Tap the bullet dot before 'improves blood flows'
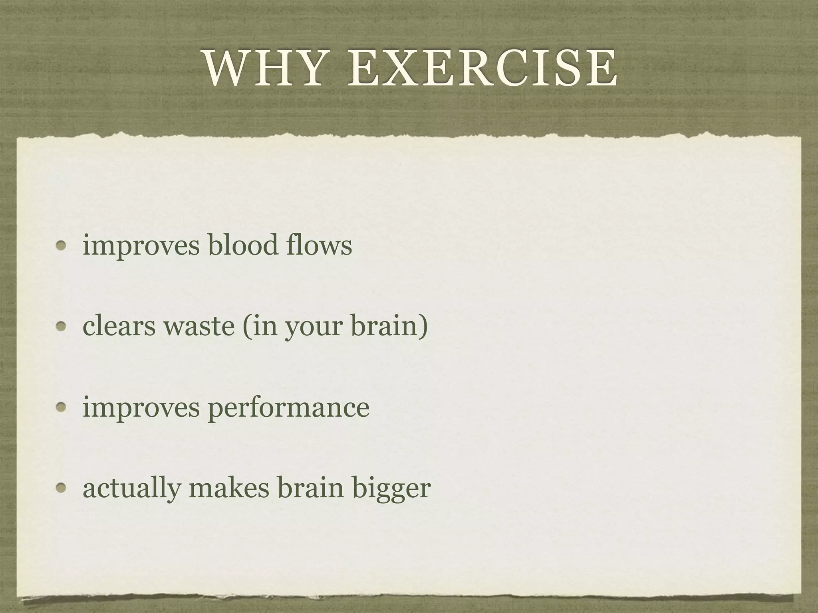click(61, 245)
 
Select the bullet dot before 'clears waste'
click(61, 326)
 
